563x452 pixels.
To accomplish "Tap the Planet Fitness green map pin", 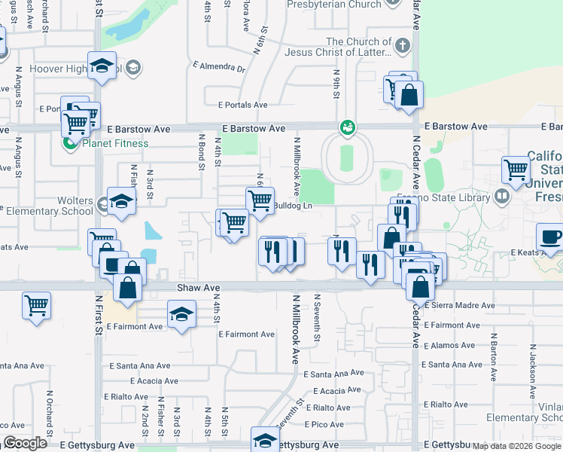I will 72,143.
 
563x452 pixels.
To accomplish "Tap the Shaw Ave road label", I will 199,288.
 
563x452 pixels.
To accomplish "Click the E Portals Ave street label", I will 243,105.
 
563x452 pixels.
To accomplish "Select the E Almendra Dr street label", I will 219,69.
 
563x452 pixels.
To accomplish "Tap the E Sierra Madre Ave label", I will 459,306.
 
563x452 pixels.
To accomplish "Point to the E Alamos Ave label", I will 449,346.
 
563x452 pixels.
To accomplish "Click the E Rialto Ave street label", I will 129,396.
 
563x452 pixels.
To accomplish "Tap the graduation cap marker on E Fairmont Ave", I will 181,314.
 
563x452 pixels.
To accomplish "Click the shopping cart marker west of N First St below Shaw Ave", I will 36,306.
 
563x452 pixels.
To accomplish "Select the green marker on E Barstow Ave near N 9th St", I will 348,127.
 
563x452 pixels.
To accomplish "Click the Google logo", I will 25,444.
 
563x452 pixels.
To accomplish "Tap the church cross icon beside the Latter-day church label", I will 403,46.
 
